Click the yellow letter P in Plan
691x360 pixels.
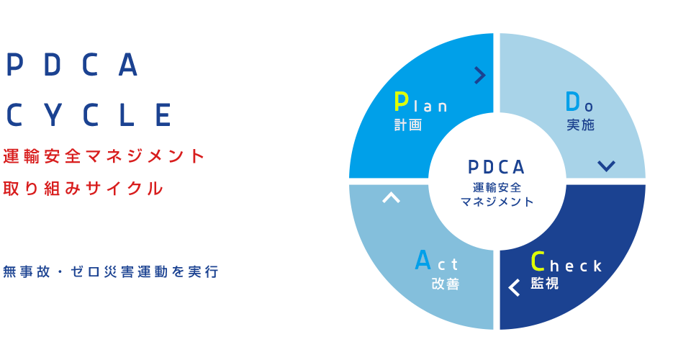(x=401, y=102)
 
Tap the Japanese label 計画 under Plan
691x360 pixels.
(x=408, y=125)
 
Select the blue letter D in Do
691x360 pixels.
(x=573, y=102)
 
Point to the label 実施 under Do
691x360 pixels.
(x=581, y=125)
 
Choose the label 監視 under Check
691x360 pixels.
(x=545, y=284)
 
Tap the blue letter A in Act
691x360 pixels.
(x=423, y=261)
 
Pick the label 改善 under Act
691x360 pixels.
(x=446, y=284)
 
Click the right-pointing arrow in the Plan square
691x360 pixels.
(x=480, y=75)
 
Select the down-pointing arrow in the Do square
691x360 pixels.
(x=606, y=166)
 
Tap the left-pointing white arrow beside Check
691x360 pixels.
(x=514, y=287)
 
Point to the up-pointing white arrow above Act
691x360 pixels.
(x=391, y=197)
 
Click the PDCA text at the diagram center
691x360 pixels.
(x=496, y=168)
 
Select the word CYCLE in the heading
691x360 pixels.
(x=89, y=115)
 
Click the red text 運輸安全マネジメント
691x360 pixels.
(x=104, y=156)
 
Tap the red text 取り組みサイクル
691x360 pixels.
(x=84, y=189)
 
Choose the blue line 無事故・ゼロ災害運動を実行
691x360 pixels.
(x=111, y=272)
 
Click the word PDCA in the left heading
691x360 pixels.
(x=72, y=66)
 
